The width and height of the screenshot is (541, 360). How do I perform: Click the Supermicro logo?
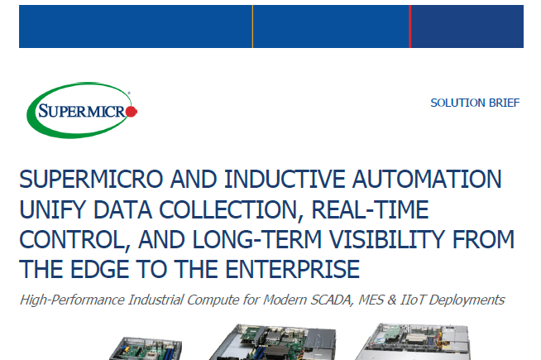(x=82, y=109)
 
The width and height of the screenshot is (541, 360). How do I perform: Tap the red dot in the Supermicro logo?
(x=132, y=110)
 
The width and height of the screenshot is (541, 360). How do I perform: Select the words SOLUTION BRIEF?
(x=475, y=103)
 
